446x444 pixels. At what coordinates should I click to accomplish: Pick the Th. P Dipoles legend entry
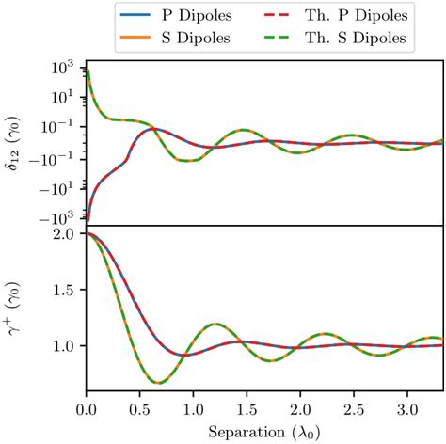point(325,14)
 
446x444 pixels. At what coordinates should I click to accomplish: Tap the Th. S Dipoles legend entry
point(325,38)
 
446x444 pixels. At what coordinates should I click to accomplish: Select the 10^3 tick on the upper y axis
point(61,68)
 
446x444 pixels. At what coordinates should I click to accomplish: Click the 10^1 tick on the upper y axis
point(61,98)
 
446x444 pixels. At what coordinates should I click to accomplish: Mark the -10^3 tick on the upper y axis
point(58,218)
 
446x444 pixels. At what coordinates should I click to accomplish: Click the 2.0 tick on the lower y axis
point(67,233)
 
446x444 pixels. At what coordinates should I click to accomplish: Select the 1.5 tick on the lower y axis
point(67,290)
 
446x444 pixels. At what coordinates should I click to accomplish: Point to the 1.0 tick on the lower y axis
point(67,346)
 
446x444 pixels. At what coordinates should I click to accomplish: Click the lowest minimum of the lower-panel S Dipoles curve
point(157,383)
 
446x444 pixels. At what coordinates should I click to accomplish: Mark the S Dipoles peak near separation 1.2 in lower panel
point(215,324)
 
